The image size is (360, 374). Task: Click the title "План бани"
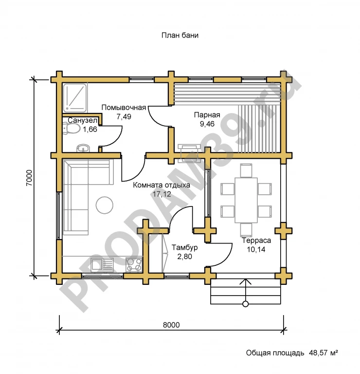180,35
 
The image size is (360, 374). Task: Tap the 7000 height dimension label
29,178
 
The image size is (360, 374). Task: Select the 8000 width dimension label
171,325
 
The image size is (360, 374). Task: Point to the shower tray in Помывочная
75,98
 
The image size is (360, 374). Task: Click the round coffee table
105,205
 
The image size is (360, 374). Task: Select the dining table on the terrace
246,200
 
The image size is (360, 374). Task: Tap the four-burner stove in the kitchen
134,264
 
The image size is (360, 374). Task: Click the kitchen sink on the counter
102,264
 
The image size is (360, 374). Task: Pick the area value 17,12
162,194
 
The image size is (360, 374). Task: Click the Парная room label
207,115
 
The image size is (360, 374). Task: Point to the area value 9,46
207,124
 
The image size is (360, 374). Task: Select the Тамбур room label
185,247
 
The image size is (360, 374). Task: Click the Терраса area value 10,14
256,249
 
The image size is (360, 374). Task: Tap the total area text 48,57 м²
324,353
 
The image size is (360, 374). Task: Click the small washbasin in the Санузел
83,148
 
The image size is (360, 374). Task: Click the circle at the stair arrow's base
245,304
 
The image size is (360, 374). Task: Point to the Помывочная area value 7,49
124,117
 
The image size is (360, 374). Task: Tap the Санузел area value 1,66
90,129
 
